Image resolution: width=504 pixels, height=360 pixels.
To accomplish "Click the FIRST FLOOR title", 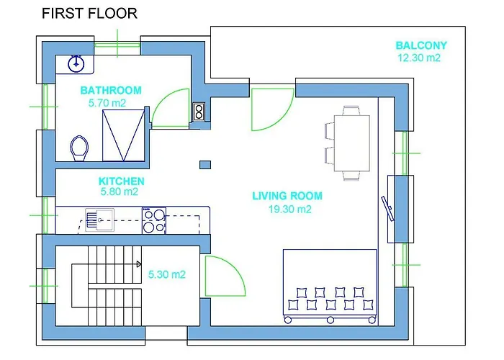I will coord(89,13).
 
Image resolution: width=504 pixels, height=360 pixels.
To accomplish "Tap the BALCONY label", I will coord(421,45).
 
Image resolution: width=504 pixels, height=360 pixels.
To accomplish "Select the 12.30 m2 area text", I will coord(418,58).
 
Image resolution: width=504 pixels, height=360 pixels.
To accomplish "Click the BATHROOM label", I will coord(111,91).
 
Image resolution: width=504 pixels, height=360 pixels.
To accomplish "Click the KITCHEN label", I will coord(121,181).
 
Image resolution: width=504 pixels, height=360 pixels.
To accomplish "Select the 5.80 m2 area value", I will coord(119,192).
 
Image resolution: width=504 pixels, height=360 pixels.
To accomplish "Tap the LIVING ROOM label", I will coord(287,196).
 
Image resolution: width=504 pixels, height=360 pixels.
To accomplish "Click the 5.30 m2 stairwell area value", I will coord(167,274).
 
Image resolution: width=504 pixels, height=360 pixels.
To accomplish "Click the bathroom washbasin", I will coord(76,63).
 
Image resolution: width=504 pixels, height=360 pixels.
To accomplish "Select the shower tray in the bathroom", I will coord(124,134).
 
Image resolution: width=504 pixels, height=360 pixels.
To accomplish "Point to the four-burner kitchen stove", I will coord(153,220).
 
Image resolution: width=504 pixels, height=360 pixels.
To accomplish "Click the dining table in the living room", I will coord(351,143).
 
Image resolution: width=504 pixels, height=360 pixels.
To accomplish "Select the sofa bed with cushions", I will coord(330,283).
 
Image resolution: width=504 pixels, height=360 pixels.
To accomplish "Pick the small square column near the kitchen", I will coord(205,165).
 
